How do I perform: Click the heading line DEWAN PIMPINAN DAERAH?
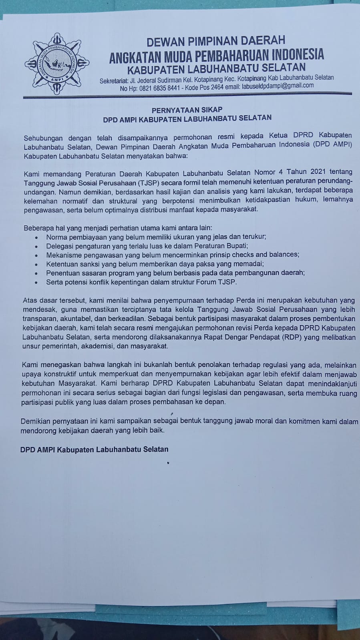click(216, 40)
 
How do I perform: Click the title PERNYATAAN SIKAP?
click(187, 109)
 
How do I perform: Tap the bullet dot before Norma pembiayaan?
click(37, 237)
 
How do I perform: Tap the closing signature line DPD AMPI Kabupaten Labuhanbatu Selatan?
click(94, 449)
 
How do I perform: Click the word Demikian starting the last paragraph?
click(34, 422)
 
